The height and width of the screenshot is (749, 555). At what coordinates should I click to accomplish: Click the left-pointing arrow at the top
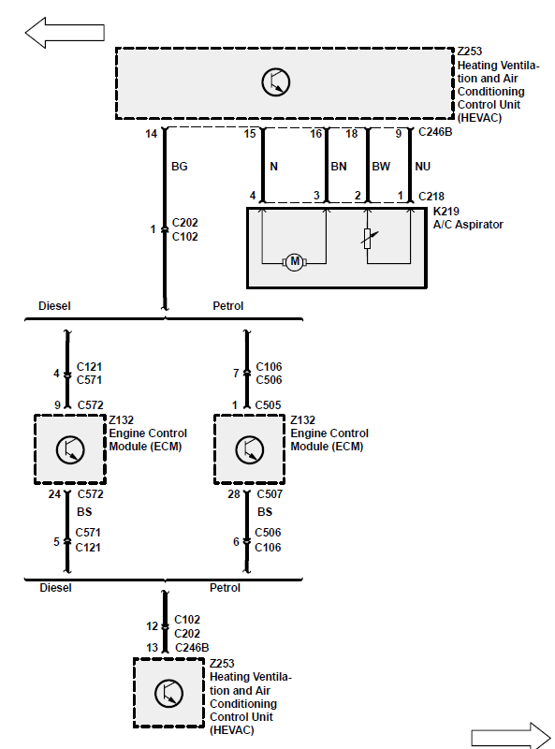click(65, 33)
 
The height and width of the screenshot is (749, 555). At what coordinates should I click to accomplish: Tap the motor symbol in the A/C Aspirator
click(294, 262)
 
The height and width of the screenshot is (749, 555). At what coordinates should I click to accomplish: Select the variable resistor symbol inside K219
click(368, 238)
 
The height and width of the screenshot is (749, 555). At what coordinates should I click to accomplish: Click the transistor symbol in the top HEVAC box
click(276, 82)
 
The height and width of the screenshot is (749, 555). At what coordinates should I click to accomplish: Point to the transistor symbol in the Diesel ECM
click(70, 449)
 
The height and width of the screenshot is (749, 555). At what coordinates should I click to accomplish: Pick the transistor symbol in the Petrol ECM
click(249, 449)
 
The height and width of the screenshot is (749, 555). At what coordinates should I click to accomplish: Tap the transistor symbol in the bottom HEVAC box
click(168, 693)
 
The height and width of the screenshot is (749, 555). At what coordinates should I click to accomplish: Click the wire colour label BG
click(180, 167)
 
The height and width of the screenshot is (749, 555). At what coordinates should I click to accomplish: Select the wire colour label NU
click(423, 167)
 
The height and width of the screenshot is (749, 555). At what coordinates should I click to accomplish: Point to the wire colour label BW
click(381, 167)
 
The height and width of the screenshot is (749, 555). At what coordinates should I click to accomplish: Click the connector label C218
click(431, 197)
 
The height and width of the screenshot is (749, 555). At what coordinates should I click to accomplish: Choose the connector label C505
click(268, 405)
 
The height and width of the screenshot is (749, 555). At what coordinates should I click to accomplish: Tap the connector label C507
click(270, 494)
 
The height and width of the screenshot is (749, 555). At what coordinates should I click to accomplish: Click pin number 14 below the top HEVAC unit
click(152, 134)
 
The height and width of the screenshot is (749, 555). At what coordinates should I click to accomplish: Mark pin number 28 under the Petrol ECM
click(234, 494)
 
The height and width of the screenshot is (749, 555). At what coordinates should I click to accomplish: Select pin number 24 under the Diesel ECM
click(54, 494)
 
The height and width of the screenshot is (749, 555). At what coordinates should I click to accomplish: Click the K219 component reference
click(446, 212)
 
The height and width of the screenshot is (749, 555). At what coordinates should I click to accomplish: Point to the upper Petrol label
click(227, 306)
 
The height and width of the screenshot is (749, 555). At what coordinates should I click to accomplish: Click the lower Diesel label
click(55, 588)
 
